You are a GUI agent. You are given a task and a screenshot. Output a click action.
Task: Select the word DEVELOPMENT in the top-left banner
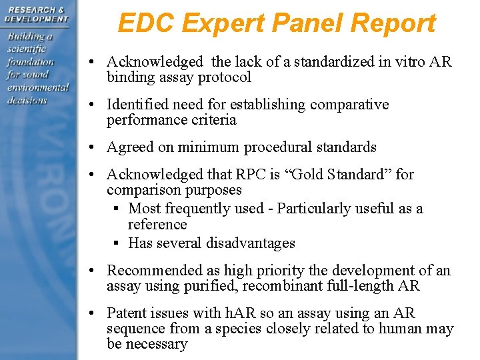point(37,19)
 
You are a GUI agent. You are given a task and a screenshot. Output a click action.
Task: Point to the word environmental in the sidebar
point(38,87)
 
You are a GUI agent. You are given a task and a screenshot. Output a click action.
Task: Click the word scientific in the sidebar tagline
point(27,49)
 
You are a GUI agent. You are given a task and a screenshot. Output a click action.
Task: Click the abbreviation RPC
point(249,175)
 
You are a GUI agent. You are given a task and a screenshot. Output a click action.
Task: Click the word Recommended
point(150,271)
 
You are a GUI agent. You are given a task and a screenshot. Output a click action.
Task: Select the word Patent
point(128,313)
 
